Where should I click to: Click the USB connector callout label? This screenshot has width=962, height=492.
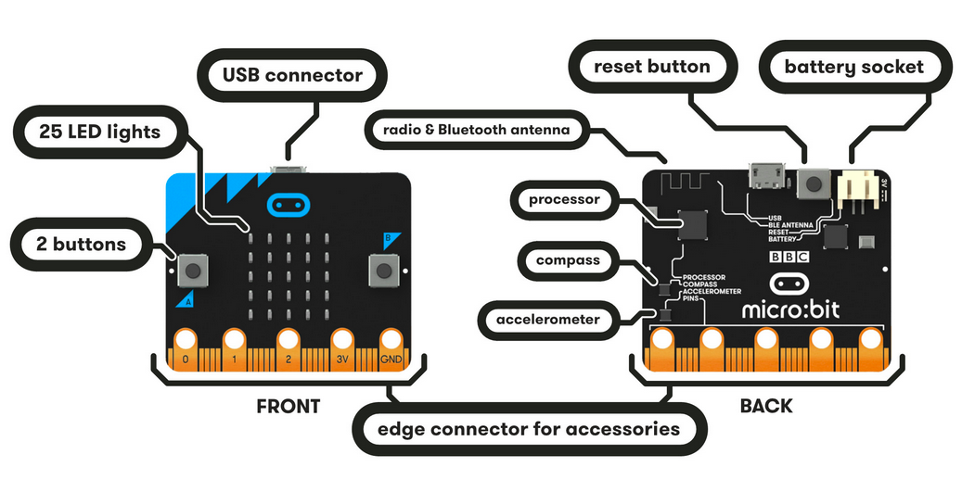tap(292, 75)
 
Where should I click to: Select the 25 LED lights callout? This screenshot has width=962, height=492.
tap(99, 132)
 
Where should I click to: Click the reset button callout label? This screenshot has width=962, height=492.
tap(651, 67)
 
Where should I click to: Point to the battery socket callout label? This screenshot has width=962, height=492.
tap(853, 68)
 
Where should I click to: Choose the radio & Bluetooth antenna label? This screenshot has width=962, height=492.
tap(477, 130)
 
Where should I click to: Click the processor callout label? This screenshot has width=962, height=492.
tap(564, 199)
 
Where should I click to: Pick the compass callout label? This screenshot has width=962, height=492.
tap(568, 260)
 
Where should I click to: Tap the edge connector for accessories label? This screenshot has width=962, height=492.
tap(529, 429)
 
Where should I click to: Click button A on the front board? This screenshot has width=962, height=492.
tap(194, 271)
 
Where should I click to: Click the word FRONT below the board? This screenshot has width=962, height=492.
tap(288, 406)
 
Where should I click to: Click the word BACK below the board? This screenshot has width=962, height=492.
tap(765, 406)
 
